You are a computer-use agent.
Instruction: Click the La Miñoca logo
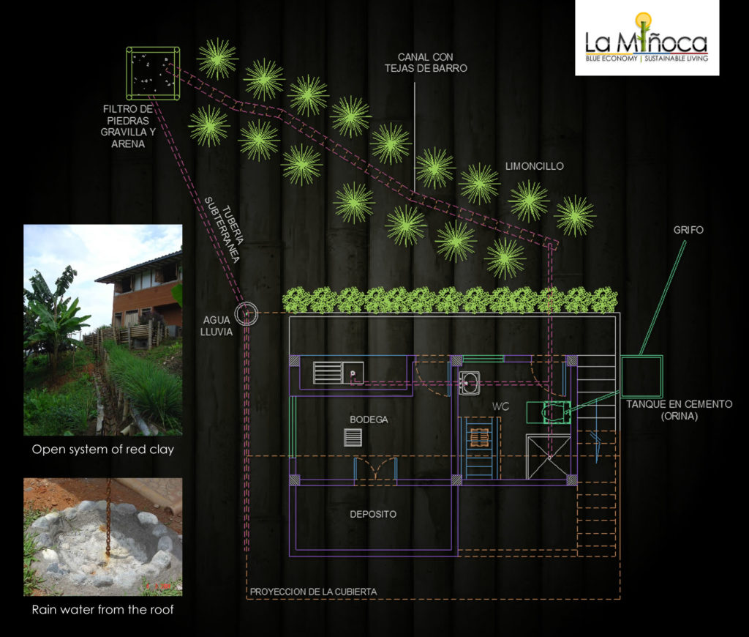647,40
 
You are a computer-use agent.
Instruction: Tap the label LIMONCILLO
535,166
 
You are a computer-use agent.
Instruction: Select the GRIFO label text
688,230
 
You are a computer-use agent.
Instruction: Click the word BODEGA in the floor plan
369,420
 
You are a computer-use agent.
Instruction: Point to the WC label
500,405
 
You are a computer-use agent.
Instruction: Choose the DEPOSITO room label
373,514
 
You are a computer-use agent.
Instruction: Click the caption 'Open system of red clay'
102,450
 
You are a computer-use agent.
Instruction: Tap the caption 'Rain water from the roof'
102,609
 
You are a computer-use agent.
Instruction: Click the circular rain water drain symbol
246,314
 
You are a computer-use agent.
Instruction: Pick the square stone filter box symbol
154,73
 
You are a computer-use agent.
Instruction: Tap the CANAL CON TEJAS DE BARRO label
426,62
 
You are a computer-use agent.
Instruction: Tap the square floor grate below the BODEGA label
353,437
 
